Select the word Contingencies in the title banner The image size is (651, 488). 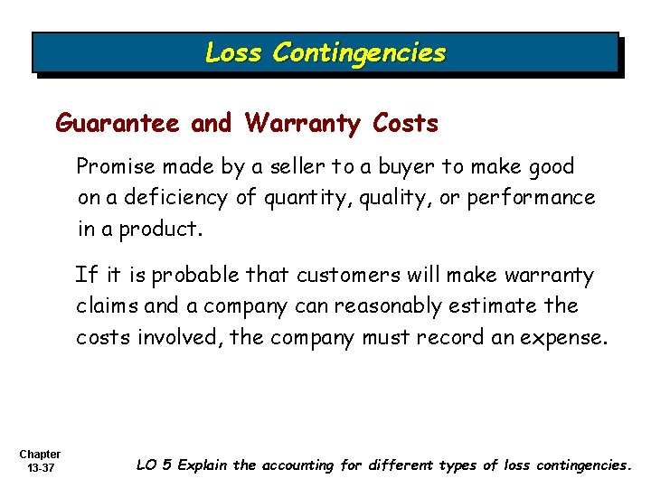coord(359,53)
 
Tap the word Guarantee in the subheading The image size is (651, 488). coord(118,123)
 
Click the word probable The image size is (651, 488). coord(192,275)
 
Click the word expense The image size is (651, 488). coord(571,337)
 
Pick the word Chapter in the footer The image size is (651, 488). coord(39,454)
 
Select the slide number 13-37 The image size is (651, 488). coord(39,468)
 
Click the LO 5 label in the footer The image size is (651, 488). coord(154,465)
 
